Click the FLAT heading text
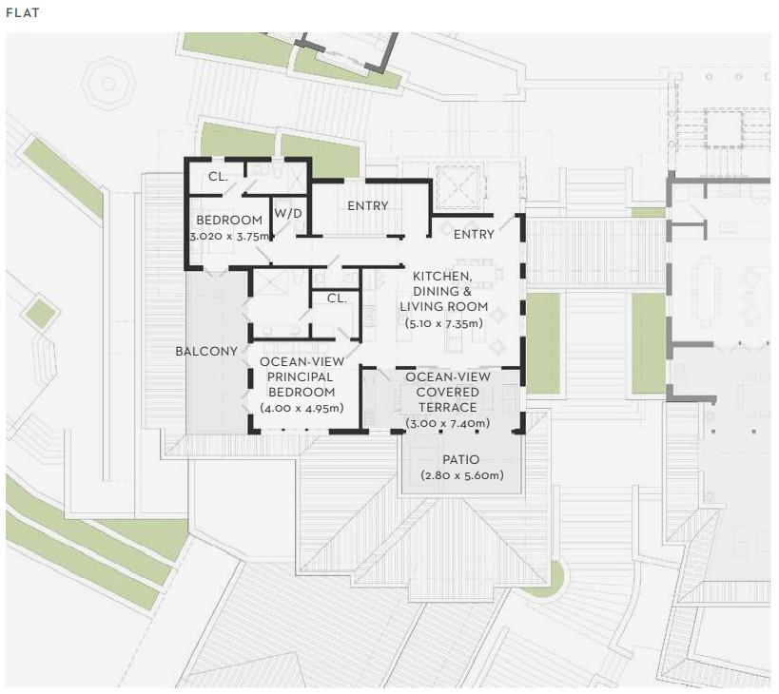23,13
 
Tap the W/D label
288,214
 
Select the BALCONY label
206,352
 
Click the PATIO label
461,460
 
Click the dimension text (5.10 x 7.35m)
444,323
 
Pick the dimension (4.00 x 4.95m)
302,408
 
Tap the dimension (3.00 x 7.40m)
448,423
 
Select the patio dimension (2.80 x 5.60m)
462,475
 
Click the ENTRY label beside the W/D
368,205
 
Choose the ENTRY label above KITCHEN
474,234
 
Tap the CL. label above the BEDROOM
218,177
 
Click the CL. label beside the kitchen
337,299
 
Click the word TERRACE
448,408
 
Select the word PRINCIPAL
300,376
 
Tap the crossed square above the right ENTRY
458,188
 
